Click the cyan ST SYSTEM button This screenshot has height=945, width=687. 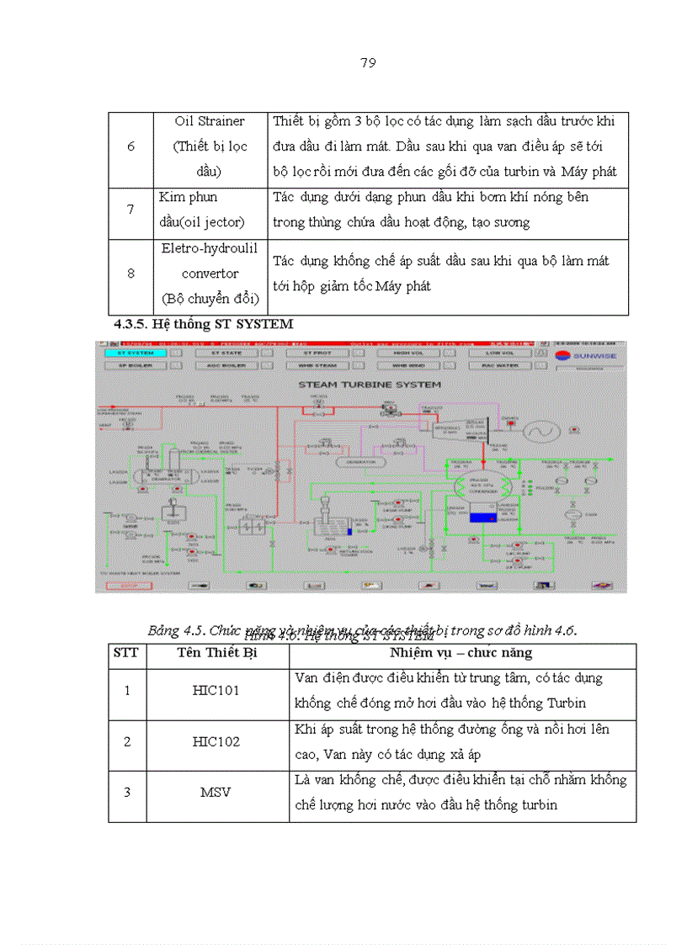[x=130, y=353]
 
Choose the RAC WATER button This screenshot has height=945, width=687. [x=503, y=366]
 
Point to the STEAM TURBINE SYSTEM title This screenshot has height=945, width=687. [x=359, y=385]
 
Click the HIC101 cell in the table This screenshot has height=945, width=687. [x=216, y=690]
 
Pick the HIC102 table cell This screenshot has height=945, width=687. [x=216, y=742]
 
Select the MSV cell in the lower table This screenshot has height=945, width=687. [x=216, y=793]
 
